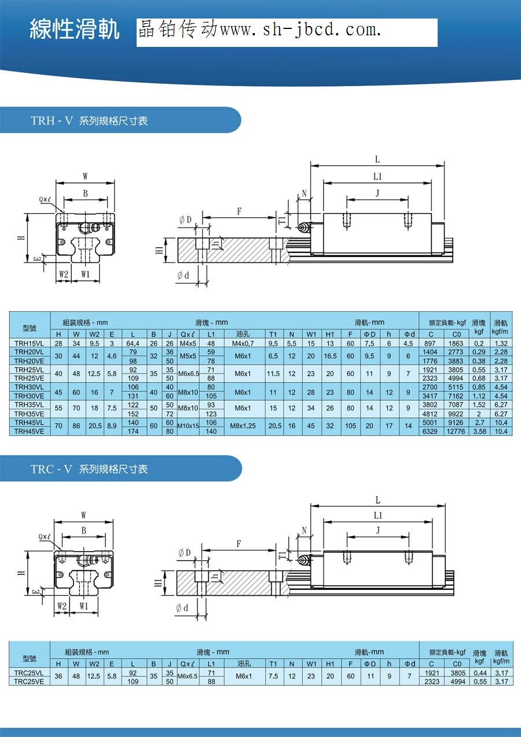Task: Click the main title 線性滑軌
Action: (75, 30)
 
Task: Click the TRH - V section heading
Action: (89, 121)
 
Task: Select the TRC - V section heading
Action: (89, 469)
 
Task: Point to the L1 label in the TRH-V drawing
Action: (377, 177)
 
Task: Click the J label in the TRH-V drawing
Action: (377, 193)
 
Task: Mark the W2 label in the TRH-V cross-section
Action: (64, 274)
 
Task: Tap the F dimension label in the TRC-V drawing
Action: (239, 544)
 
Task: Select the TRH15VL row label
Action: (29, 343)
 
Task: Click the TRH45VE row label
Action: (29, 431)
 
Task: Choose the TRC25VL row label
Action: (29, 673)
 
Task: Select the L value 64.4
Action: (133, 343)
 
